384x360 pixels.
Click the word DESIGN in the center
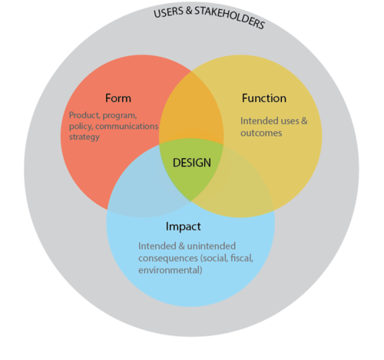[x=191, y=163]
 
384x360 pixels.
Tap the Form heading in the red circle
[x=118, y=98]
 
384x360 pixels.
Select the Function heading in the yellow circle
[x=263, y=98]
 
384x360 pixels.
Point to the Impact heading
[x=184, y=227]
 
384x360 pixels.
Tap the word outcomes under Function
[x=261, y=132]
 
